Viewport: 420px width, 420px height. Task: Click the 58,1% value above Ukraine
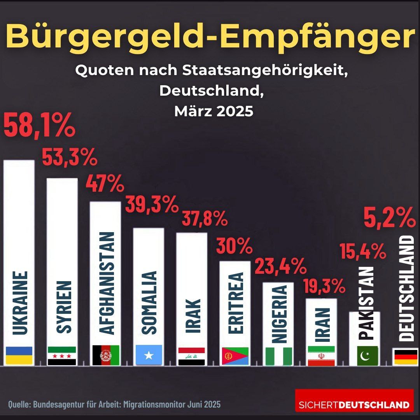pos(39,125)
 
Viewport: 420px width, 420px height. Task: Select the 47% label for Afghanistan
pos(105,183)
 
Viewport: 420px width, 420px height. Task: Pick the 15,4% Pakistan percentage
pos(363,251)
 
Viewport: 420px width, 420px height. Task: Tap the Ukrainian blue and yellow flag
pos(19,355)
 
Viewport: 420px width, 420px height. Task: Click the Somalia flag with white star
pos(149,355)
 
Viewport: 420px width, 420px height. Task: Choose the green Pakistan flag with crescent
pos(367,356)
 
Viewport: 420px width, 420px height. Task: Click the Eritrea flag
pos(235,356)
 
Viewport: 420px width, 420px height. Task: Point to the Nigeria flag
pos(278,356)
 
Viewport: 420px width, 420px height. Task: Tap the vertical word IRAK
pos(193,316)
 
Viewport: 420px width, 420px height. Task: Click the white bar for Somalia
pos(149,296)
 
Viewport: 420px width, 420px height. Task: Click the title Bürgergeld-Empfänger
pos(210,36)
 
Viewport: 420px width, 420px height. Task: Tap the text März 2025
pos(214,111)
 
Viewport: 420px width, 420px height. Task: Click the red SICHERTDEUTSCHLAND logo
pos(354,400)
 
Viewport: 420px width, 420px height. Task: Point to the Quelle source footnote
pos(114,404)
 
